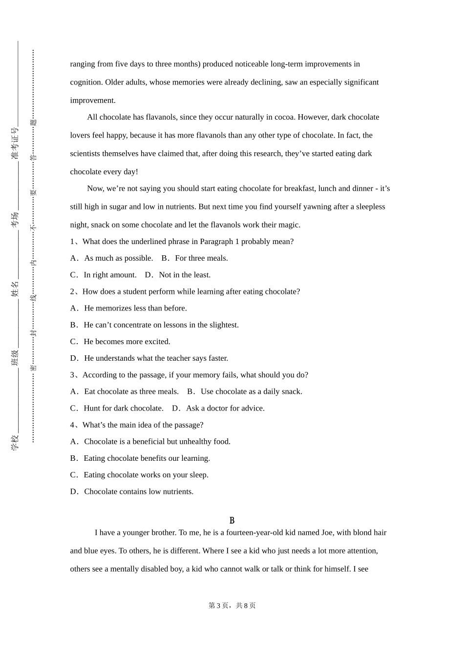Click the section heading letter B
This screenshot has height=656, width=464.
pos(232,520)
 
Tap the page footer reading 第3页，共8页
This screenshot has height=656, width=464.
pos(232,605)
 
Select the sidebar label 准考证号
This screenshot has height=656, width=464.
pos(15,143)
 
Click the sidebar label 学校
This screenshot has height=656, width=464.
pos(15,442)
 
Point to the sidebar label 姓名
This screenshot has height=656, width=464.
pos(15,289)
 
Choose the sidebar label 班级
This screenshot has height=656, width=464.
pos(15,358)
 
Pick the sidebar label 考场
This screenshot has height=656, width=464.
pos(15,219)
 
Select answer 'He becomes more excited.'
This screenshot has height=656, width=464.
pos(127,342)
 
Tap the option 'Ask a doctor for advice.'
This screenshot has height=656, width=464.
pos(225,408)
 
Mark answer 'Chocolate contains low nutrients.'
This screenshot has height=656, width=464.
pos(139,492)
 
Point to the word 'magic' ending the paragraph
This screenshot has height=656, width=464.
pos(289,225)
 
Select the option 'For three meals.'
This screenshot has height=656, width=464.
pos(201,258)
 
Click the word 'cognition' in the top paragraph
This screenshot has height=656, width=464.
pos(86,82)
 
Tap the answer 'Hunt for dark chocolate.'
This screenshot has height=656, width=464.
pos(124,408)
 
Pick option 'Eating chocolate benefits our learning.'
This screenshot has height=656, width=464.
pos(147,458)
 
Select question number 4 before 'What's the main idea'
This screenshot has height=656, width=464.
pos(72,425)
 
